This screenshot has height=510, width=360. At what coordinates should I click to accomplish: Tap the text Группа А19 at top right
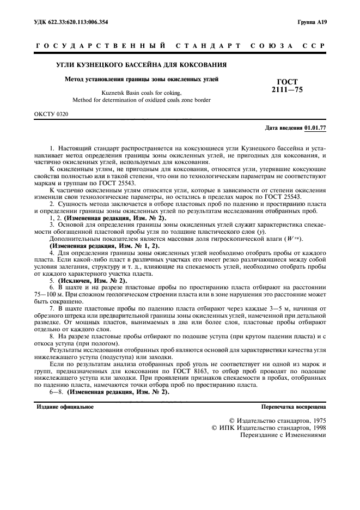(x=312, y=22)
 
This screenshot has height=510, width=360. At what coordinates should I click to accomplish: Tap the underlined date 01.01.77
(x=315, y=128)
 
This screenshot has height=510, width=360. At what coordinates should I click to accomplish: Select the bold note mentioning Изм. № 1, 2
(x=105, y=246)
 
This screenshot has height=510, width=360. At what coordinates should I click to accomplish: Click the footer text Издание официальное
(x=64, y=406)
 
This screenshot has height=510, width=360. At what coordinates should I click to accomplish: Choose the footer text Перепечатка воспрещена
(x=293, y=406)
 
